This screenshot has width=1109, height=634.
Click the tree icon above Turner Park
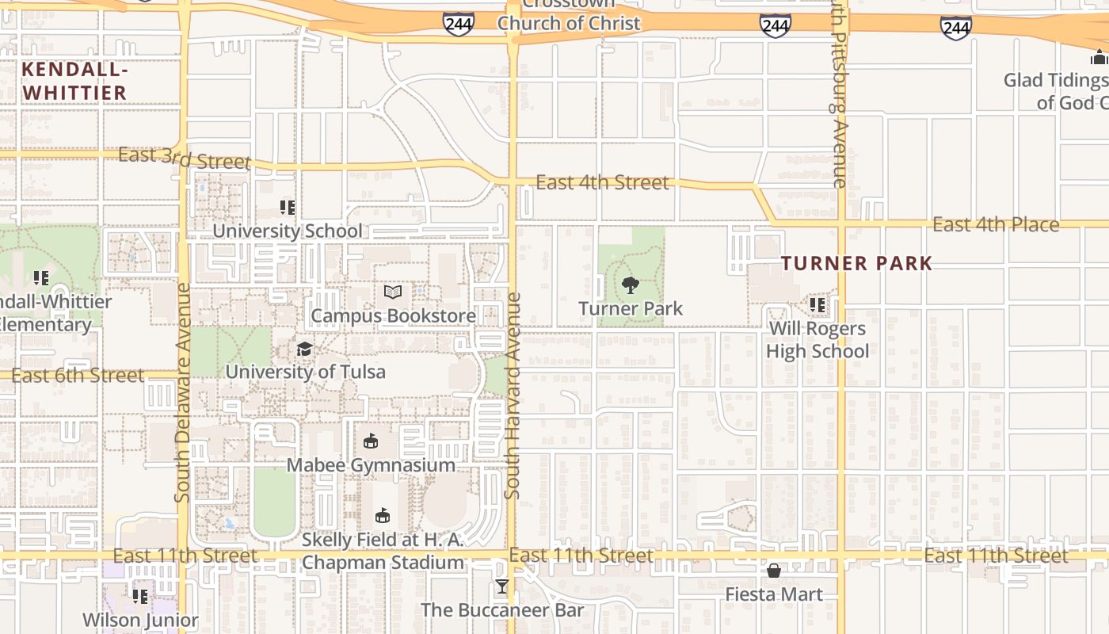tap(631, 285)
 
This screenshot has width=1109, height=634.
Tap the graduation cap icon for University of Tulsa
tap(304, 349)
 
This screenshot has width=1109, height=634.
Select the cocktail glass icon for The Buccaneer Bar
tap(501, 587)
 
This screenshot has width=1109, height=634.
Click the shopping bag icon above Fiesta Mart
tap(774, 571)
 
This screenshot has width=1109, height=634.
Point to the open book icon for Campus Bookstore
tap(393, 292)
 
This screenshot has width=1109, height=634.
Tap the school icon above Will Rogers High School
tap(817, 304)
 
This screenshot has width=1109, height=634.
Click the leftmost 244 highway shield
tap(459, 25)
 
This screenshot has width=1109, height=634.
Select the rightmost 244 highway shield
tap(956, 29)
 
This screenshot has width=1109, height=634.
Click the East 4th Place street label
tap(995, 224)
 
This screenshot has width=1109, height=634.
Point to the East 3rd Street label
tap(184, 158)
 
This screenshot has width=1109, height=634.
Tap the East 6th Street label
tap(78, 375)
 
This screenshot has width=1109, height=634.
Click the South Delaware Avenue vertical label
tap(182, 392)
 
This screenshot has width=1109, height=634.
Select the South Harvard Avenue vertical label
tap(513, 396)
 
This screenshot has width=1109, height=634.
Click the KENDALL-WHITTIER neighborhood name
tap(74, 81)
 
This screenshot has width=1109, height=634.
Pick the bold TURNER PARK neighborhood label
tap(857, 263)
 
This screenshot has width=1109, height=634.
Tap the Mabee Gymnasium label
tap(371, 465)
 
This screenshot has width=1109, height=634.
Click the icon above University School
tap(288, 208)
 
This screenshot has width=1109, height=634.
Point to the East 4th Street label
tap(602, 182)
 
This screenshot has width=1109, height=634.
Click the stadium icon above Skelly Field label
tap(383, 516)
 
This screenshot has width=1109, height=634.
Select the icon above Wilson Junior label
tap(140, 596)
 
